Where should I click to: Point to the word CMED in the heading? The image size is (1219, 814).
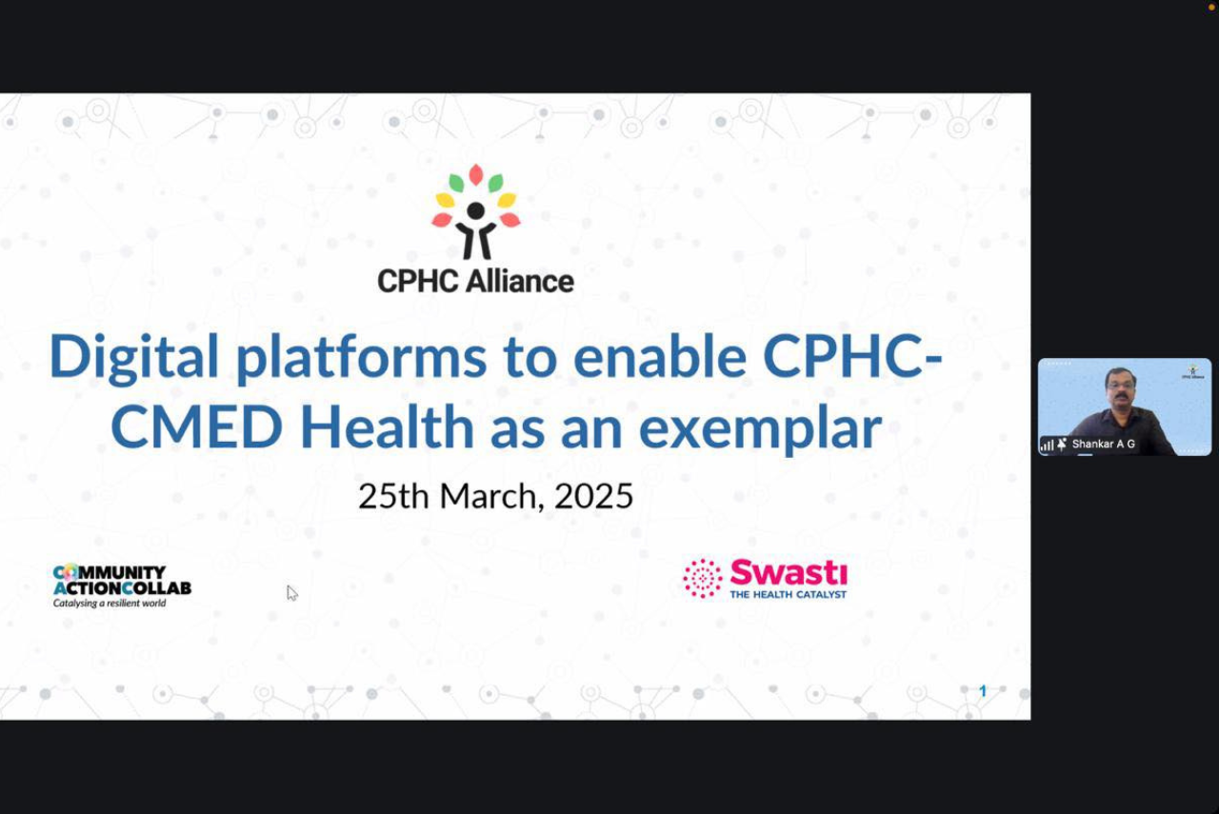196,428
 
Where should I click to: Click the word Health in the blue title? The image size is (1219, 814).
387,427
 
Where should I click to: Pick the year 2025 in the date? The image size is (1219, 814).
593,496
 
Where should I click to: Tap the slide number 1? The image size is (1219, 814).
983,691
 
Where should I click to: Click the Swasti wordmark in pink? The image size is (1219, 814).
789,572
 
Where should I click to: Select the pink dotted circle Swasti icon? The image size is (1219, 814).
703,579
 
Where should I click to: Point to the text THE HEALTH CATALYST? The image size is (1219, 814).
788,595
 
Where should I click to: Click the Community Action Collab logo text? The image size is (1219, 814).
122,580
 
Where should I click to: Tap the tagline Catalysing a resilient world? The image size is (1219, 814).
110,604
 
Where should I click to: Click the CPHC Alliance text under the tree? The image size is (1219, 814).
475,281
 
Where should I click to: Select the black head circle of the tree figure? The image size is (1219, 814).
475,210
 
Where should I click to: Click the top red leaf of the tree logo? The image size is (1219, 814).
476,174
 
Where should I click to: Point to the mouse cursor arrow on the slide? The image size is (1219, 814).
291,593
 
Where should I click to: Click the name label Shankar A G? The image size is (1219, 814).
1103,444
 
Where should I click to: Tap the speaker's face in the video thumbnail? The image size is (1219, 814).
1121,387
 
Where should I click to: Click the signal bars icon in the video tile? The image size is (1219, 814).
1047,446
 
